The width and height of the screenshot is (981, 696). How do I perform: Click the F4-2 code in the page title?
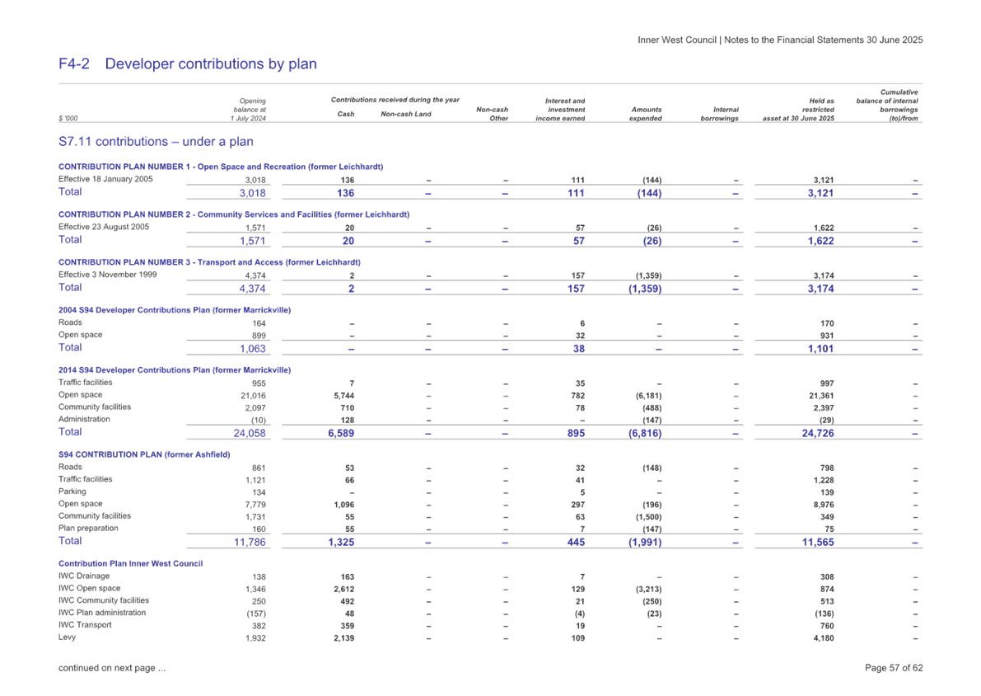[74, 64]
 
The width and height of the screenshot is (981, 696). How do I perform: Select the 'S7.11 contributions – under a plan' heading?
[156, 142]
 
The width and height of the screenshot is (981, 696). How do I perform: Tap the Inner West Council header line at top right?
[780, 40]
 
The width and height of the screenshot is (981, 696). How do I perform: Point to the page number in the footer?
[894, 668]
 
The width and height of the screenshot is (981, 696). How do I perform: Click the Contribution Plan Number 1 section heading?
[221, 167]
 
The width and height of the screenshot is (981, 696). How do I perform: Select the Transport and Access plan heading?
[209, 262]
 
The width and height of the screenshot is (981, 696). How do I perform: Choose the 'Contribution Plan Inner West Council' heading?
[131, 563]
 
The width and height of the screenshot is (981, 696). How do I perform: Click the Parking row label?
[72, 491]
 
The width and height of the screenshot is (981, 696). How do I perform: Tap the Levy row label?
[68, 637]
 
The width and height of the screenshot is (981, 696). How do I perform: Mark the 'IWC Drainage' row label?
[84, 576]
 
